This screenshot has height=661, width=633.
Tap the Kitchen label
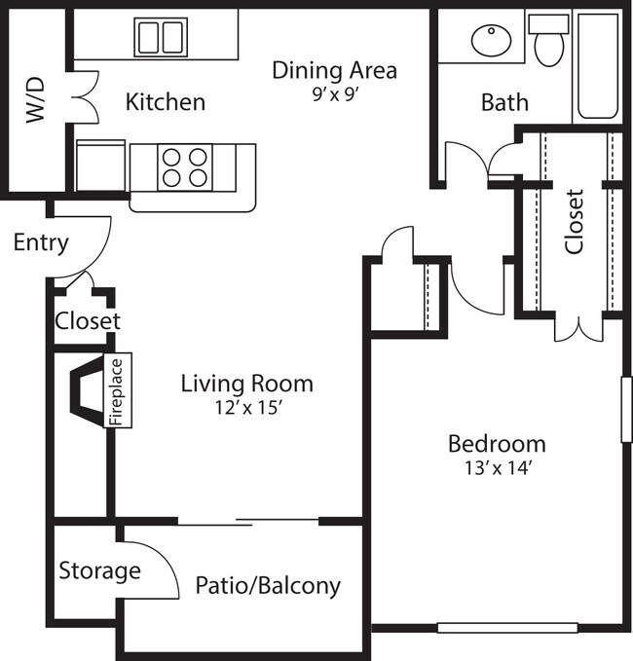(x=166, y=101)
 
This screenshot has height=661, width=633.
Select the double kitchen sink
(x=161, y=37)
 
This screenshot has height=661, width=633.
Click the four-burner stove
(x=185, y=165)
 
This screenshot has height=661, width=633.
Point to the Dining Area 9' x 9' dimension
(x=334, y=95)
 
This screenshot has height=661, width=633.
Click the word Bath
(x=504, y=101)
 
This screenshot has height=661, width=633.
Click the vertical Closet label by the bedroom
(x=575, y=221)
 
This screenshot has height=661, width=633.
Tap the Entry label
(x=41, y=242)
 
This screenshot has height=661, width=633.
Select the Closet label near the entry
(x=87, y=320)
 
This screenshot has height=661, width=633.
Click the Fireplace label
(x=117, y=391)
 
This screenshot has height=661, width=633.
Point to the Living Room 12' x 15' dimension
(x=246, y=408)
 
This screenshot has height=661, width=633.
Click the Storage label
(x=99, y=570)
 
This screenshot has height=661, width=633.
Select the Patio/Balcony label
(x=268, y=585)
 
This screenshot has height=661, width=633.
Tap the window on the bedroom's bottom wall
(x=500, y=628)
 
